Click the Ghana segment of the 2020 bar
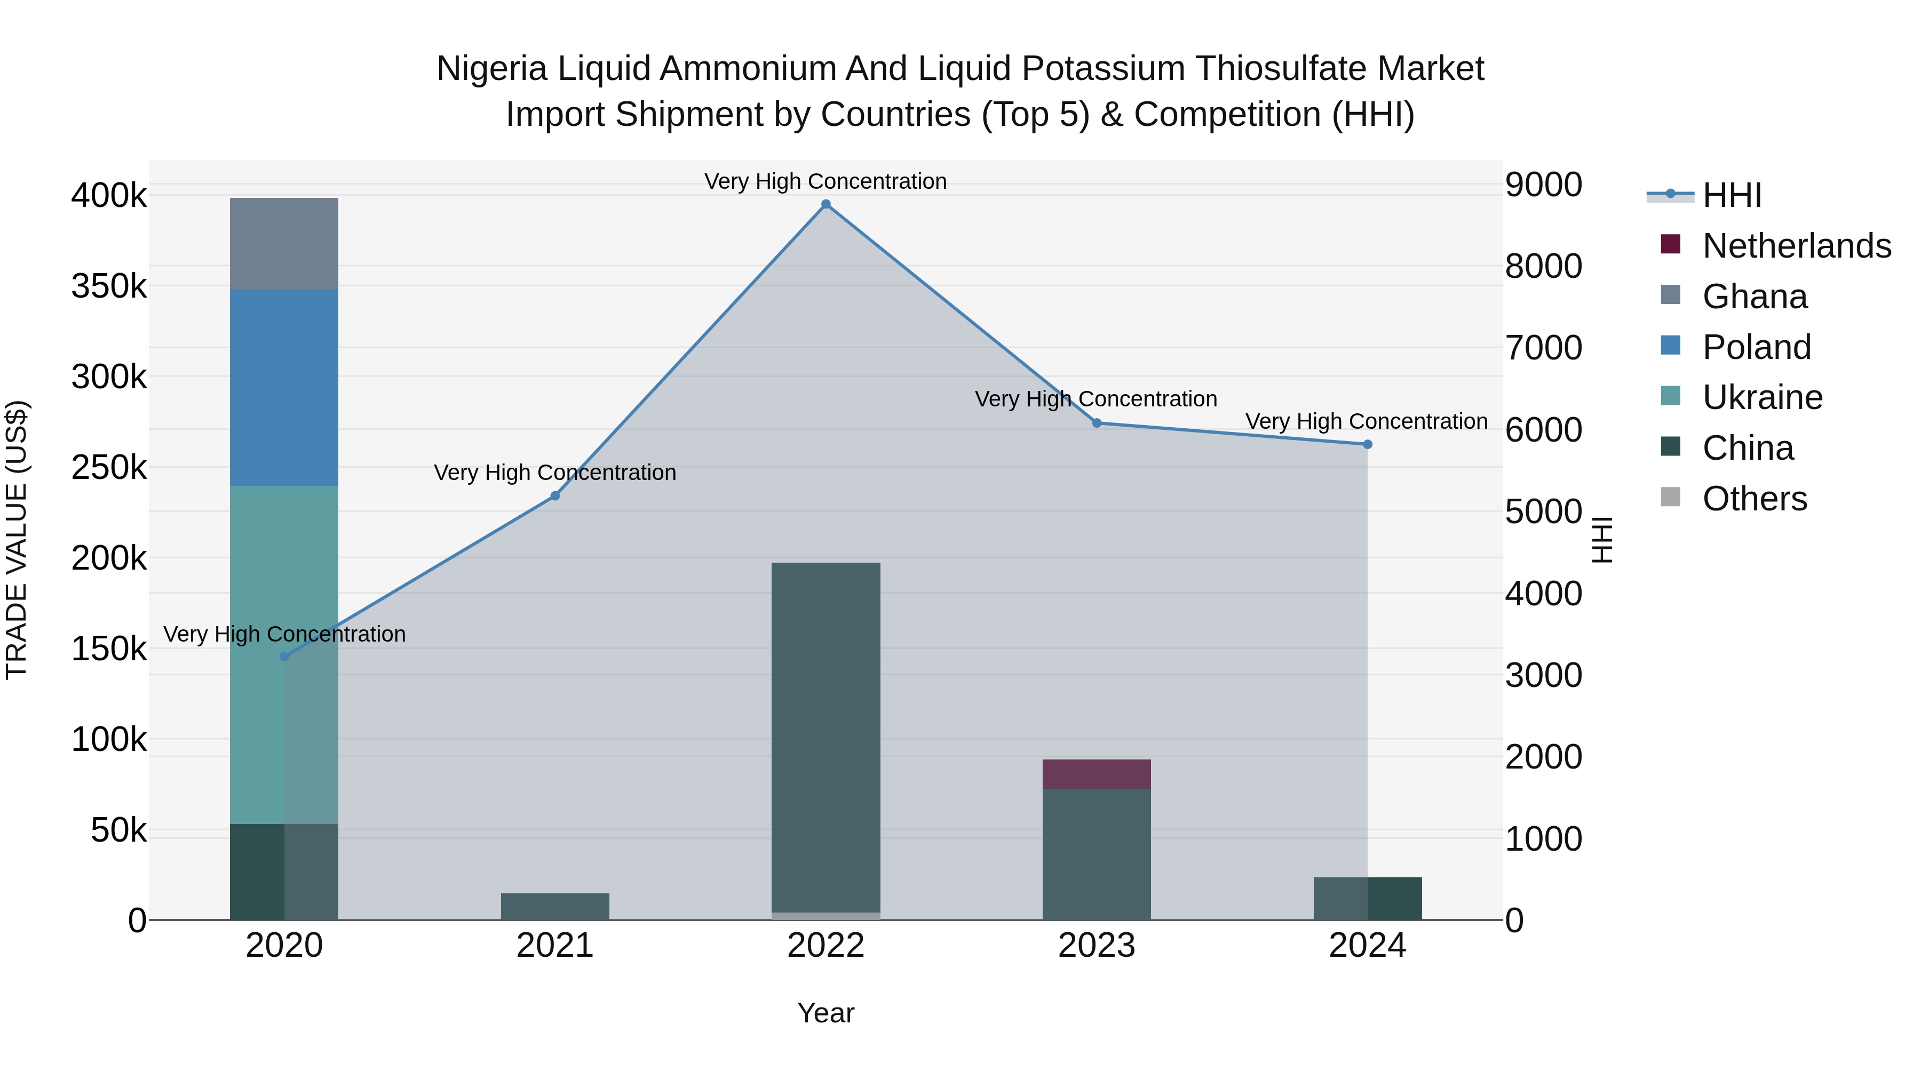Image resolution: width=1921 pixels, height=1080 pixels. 283,243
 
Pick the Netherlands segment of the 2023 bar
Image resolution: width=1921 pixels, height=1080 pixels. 1096,774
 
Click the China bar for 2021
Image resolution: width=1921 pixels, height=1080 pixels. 555,906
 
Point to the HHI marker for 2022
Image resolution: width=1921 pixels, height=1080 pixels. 825,204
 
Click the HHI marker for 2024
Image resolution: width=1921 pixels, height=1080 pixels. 1368,444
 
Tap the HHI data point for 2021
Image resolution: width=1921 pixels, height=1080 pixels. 555,495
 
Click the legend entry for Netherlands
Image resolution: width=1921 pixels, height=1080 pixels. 1796,246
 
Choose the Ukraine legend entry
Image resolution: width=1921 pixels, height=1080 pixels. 1761,397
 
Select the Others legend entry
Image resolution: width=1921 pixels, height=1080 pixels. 1754,499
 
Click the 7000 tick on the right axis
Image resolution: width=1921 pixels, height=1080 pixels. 1543,348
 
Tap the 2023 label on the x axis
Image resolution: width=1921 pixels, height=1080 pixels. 1096,946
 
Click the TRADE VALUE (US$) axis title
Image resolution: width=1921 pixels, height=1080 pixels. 17,540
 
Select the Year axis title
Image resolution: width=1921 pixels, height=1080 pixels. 825,1013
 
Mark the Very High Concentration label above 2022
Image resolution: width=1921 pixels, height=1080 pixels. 825,181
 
